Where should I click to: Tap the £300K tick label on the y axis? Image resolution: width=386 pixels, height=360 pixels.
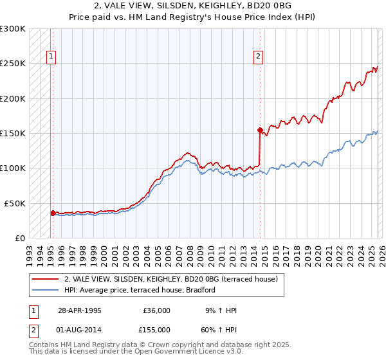[13, 29]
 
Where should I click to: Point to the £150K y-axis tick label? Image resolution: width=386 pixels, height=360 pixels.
[13, 134]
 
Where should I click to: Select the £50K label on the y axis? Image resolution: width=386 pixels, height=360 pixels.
[15, 203]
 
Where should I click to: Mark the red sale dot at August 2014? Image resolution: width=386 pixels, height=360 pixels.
[260, 130]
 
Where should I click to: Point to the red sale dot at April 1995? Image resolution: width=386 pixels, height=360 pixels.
[53, 212]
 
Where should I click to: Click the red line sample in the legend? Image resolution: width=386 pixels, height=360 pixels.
[45, 279]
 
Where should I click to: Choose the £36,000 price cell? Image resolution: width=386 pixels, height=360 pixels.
[156, 310]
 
